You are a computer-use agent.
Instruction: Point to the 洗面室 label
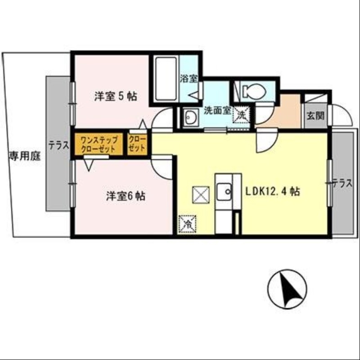click(217, 110)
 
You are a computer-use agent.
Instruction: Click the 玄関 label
click(315, 116)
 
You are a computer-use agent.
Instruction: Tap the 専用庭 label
click(24, 157)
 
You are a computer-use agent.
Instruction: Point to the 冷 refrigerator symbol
click(187, 224)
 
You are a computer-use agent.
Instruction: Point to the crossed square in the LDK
click(201, 195)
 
